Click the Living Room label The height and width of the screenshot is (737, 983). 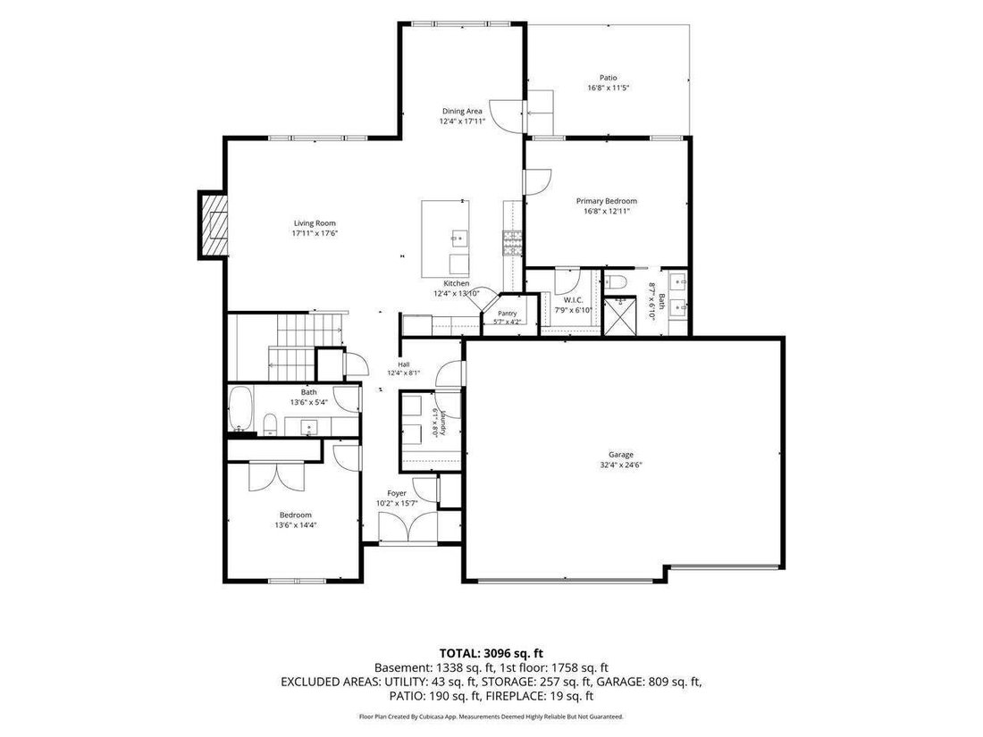315,223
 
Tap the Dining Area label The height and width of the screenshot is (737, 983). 462,111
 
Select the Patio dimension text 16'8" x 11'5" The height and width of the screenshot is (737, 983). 608,88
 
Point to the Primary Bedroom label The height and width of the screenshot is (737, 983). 606,201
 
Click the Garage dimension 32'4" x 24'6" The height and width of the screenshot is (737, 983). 621,465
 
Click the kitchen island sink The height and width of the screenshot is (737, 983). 459,238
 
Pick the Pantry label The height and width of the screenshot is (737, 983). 508,314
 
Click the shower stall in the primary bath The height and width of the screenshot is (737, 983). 619,316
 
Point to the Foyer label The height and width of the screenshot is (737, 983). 396,494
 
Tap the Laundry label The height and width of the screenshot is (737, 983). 442,423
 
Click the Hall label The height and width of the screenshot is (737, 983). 403,364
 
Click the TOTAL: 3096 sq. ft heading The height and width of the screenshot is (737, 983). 491,654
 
